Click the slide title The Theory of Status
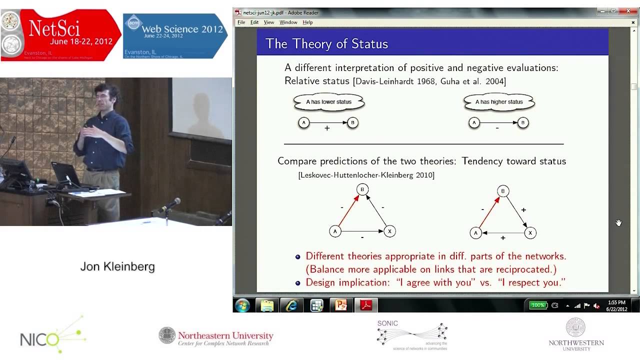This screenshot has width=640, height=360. [x=326, y=44]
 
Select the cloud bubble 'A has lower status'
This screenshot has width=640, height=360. [x=328, y=102]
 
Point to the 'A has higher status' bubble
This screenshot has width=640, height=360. [x=499, y=102]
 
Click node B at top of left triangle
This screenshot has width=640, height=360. [x=362, y=189]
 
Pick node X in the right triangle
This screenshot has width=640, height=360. [x=530, y=232]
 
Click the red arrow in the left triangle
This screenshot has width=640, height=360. [x=349, y=210]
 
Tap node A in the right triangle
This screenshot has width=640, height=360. [x=475, y=233]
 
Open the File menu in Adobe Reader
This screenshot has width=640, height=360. [x=241, y=22]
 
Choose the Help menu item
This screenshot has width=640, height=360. [x=307, y=22]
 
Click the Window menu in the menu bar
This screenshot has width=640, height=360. [x=288, y=22]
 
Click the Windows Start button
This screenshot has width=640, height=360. [x=242, y=305]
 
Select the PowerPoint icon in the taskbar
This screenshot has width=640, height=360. [x=341, y=305]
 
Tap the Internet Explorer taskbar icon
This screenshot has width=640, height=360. [x=291, y=305]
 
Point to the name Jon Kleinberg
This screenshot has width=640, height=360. [x=117, y=267]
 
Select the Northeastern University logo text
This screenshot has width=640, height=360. [x=225, y=336]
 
